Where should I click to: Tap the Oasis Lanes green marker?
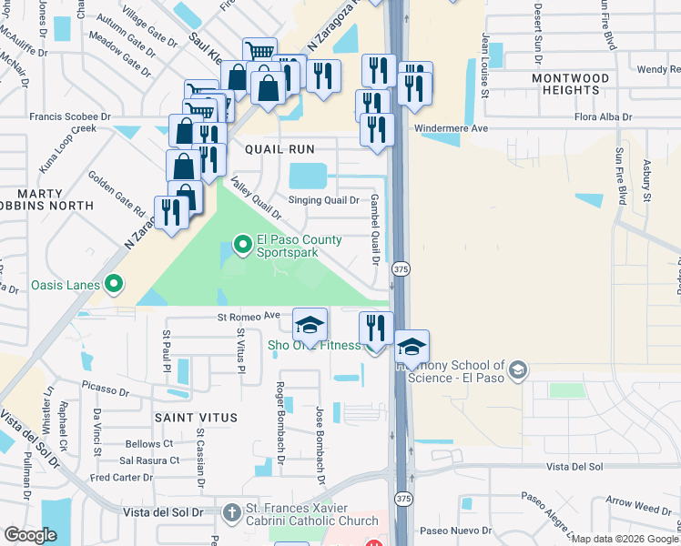coord(114,286)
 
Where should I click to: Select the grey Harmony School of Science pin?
coord(518,369)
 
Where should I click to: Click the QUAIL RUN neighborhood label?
coord(280,149)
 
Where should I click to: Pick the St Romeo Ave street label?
coord(248,316)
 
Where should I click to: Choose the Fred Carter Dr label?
coord(121,477)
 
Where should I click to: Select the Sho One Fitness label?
coord(313,346)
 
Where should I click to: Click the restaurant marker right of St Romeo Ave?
coord(376,327)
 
